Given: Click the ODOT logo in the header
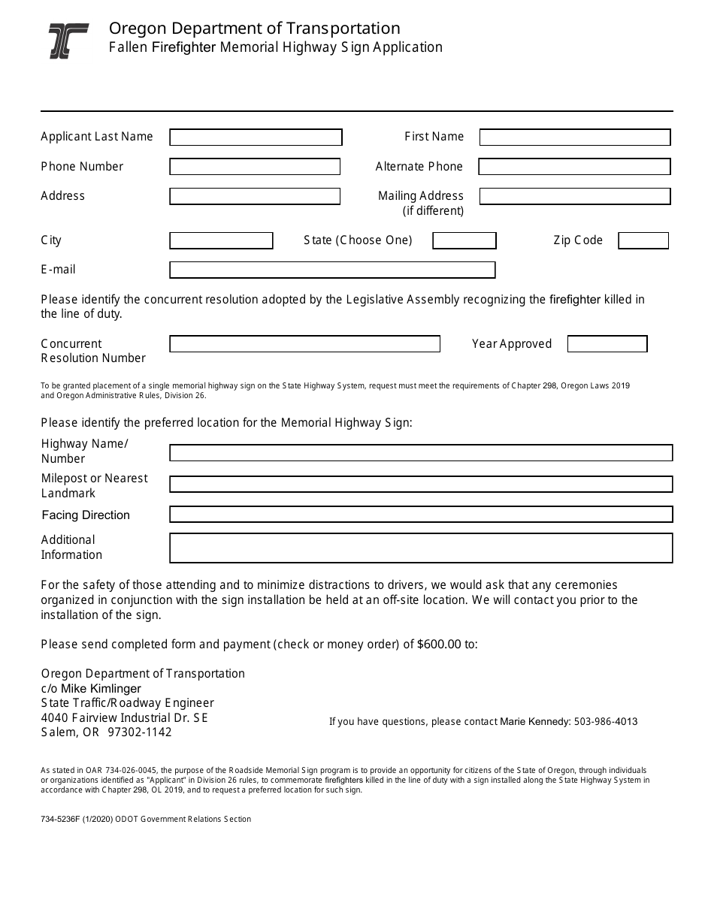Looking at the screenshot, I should [68, 41].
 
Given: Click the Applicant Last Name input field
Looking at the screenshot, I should [256, 137].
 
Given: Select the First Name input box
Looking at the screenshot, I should [574, 137].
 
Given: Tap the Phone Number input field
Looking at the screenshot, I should [255, 167].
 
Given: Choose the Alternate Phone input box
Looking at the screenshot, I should [574, 167].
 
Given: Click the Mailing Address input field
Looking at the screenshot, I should [574, 196].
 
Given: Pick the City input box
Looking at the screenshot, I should [221, 240].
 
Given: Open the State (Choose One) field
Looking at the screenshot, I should [464, 240].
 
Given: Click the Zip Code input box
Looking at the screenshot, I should [643, 240].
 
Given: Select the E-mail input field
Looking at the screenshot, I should [332, 270].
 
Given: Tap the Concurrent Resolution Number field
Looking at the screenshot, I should [304, 344].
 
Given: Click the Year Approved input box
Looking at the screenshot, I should [607, 344].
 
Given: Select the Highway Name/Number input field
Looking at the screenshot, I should [420, 453].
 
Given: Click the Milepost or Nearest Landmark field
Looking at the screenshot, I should [420, 485].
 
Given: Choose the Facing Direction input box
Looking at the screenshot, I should [420, 515].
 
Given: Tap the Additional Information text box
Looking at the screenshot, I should [420, 548].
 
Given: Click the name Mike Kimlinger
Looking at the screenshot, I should [101, 689].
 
